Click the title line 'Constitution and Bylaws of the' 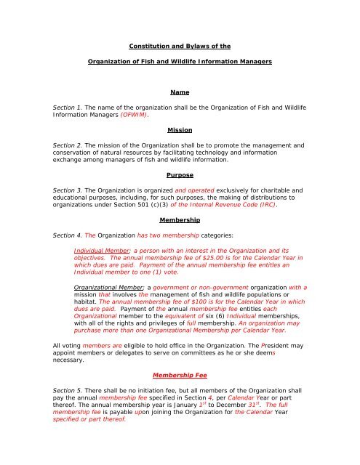coord(179,44)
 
